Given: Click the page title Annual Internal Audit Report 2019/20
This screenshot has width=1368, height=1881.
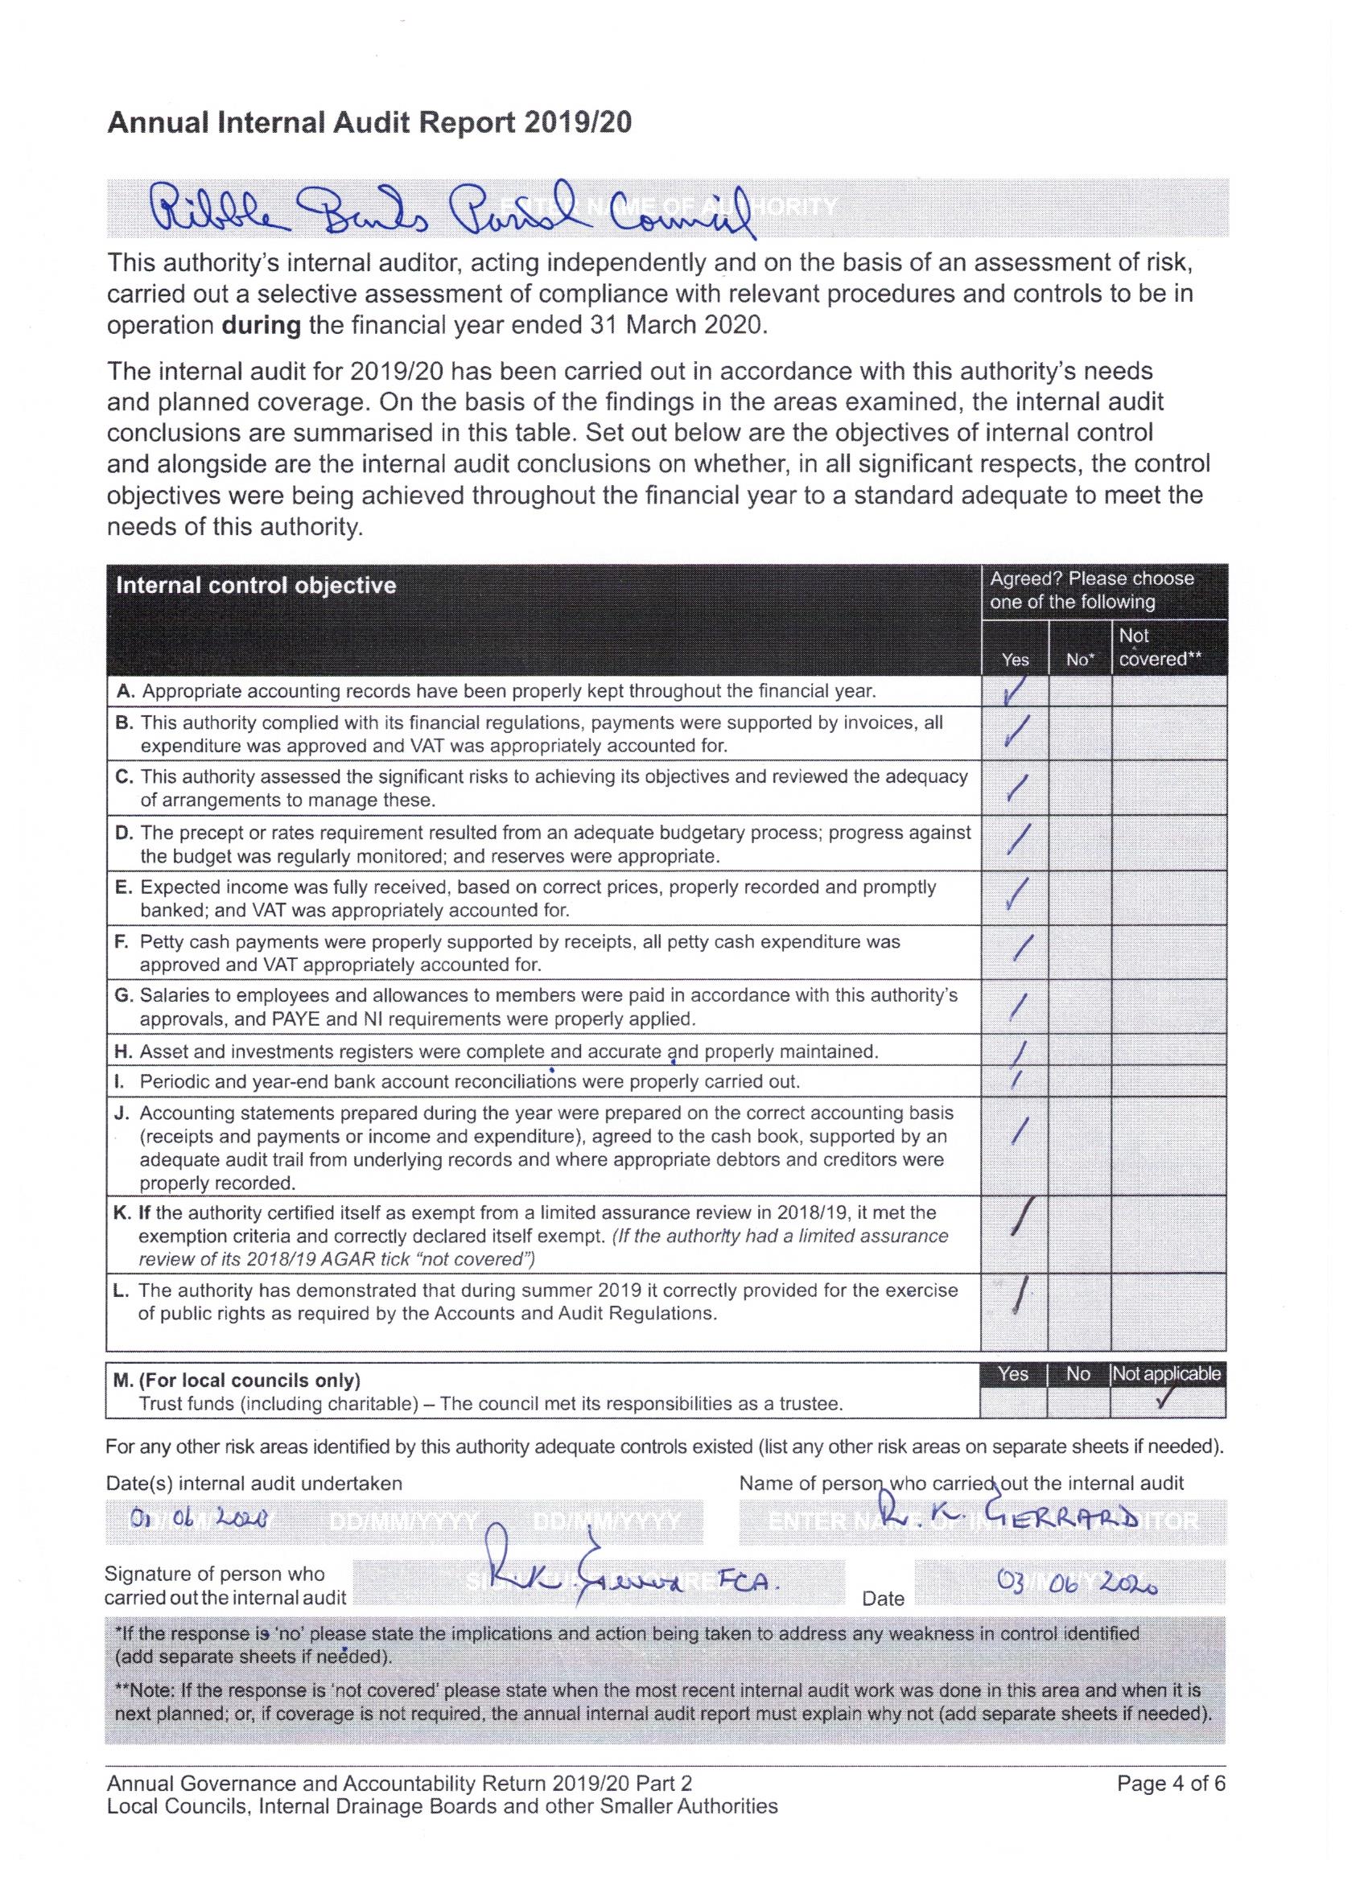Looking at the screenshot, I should click(369, 123).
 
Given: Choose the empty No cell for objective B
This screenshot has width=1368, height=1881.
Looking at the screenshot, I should click(1079, 733).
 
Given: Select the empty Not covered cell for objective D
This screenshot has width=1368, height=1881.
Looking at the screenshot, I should click(1168, 842).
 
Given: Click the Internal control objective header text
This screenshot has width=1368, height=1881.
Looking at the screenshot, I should click(257, 586).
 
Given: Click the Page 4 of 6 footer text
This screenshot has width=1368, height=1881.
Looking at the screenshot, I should click(1171, 1783).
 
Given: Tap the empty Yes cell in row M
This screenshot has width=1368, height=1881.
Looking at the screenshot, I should click(1013, 1403).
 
